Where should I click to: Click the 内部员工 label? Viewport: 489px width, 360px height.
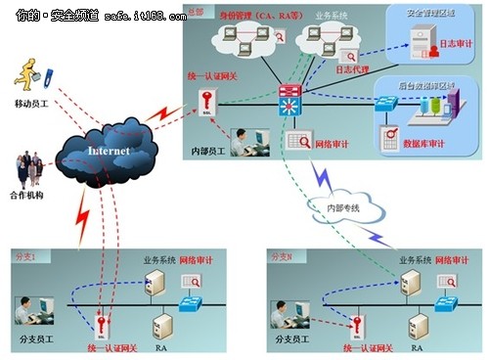[213, 154]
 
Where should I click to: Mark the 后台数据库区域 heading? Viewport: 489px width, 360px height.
[435, 87]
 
